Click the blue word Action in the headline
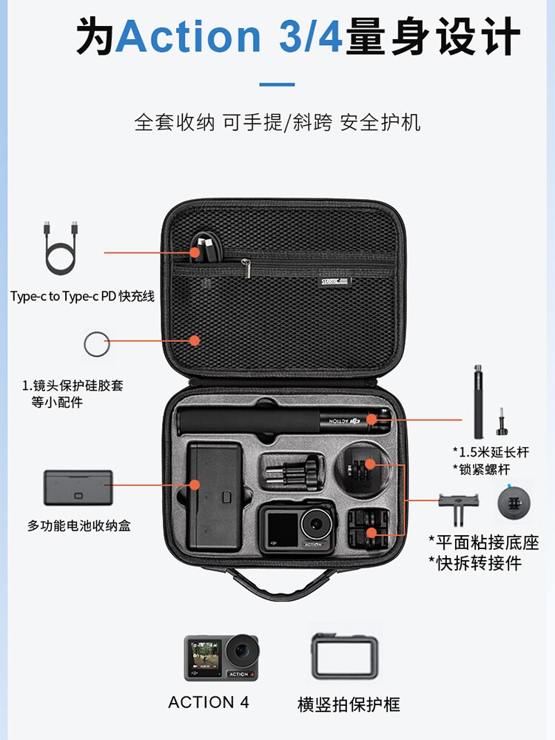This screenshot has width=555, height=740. (188, 36)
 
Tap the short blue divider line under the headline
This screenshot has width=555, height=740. (277, 84)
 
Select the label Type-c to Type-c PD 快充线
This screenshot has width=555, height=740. (82, 296)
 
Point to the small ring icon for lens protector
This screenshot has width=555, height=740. (96, 344)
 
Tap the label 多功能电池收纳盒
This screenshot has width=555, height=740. (79, 526)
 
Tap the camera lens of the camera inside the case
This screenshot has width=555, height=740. (318, 525)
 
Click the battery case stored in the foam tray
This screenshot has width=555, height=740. (213, 496)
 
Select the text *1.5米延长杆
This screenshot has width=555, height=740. (491, 452)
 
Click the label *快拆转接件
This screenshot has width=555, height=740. (474, 563)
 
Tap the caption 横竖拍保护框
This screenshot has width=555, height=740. (349, 704)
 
